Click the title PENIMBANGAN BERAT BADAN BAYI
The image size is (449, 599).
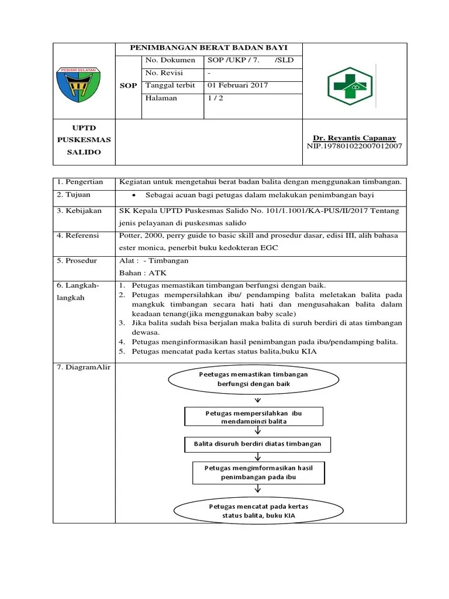pos(209,49)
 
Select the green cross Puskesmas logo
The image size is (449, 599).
pos(349,86)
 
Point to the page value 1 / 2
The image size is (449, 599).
pos(215,98)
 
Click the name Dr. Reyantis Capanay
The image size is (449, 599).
pos(354,137)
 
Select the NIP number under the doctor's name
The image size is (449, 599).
pos(354,146)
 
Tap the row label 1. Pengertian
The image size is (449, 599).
pos(80,182)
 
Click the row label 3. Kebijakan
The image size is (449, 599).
pos(80,211)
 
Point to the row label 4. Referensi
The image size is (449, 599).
pos(80,236)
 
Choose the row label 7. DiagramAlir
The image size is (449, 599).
pos(84,367)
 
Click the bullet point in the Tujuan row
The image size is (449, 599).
pos(134,195)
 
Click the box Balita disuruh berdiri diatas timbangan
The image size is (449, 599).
pos(257,444)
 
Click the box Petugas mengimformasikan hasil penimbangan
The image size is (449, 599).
pos(258,473)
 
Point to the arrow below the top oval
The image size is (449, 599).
pos(257,400)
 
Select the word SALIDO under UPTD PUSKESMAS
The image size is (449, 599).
pos(84,152)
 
